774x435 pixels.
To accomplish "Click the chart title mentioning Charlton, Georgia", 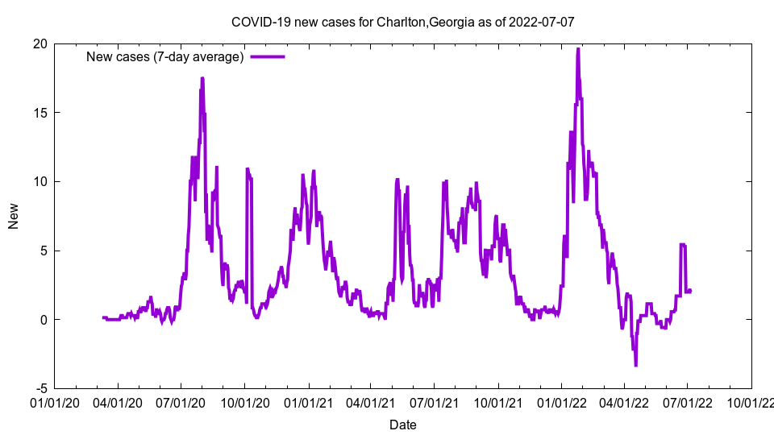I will click(x=402, y=22).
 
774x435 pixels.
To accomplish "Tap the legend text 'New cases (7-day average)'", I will click(x=164, y=56).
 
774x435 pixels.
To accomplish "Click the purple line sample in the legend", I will click(x=268, y=56).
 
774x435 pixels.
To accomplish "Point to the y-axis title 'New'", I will click(x=14, y=216).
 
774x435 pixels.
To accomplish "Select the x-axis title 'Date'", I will click(x=402, y=425).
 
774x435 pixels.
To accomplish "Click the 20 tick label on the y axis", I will click(x=40, y=43).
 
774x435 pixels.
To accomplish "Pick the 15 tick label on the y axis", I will click(x=40, y=113).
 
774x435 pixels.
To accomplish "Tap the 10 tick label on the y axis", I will click(x=40, y=181).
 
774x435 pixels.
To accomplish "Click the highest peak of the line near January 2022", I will click(x=578, y=49).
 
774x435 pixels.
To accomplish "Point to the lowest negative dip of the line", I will click(x=635, y=365).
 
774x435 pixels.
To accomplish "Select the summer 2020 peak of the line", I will click(x=202, y=78).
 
